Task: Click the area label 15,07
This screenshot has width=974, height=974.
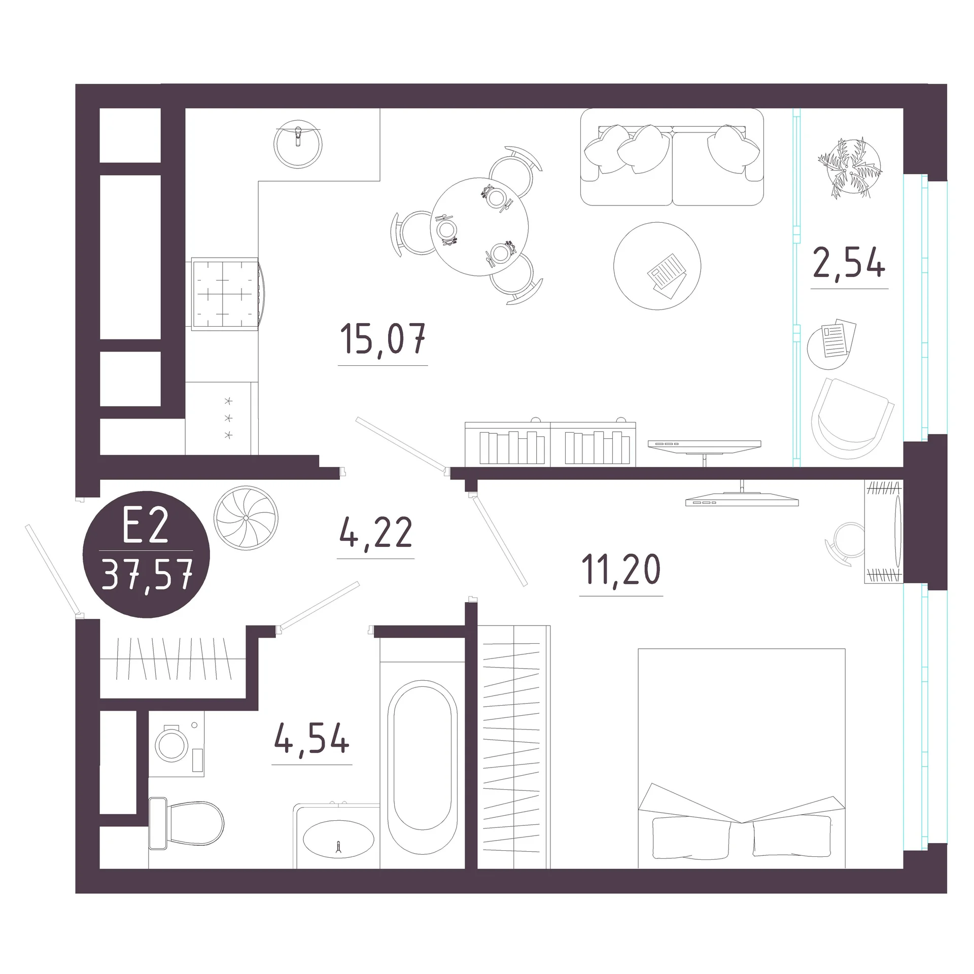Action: coord(383,338)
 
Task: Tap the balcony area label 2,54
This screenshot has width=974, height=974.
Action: coord(849,263)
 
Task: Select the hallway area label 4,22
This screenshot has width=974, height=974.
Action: coord(375,532)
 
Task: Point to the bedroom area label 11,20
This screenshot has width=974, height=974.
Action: coord(621,570)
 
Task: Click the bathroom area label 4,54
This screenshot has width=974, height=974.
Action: coord(312,739)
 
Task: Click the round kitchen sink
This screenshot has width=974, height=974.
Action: coord(298,144)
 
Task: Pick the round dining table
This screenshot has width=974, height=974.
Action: coord(479,227)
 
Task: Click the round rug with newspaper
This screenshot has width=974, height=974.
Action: coord(657,266)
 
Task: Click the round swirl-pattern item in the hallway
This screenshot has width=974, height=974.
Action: coord(246,517)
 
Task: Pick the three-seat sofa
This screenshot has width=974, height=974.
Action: coord(672,157)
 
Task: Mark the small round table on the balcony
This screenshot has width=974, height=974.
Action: coord(828,347)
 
